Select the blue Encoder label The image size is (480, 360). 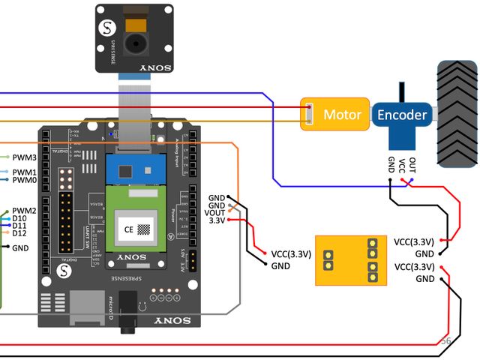click(x=402, y=115)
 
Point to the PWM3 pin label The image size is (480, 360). click(x=25, y=157)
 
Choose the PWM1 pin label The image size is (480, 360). click(x=25, y=172)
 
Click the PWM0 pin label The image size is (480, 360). click(x=25, y=180)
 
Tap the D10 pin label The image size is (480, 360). click(x=20, y=218)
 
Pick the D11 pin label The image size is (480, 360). click(x=20, y=226)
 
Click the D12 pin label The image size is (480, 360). click(x=20, y=233)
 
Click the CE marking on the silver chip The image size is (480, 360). click(x=128, y=229)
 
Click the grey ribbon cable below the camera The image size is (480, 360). click(x=134, y=105)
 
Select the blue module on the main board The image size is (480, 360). click(x=136, y=169)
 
